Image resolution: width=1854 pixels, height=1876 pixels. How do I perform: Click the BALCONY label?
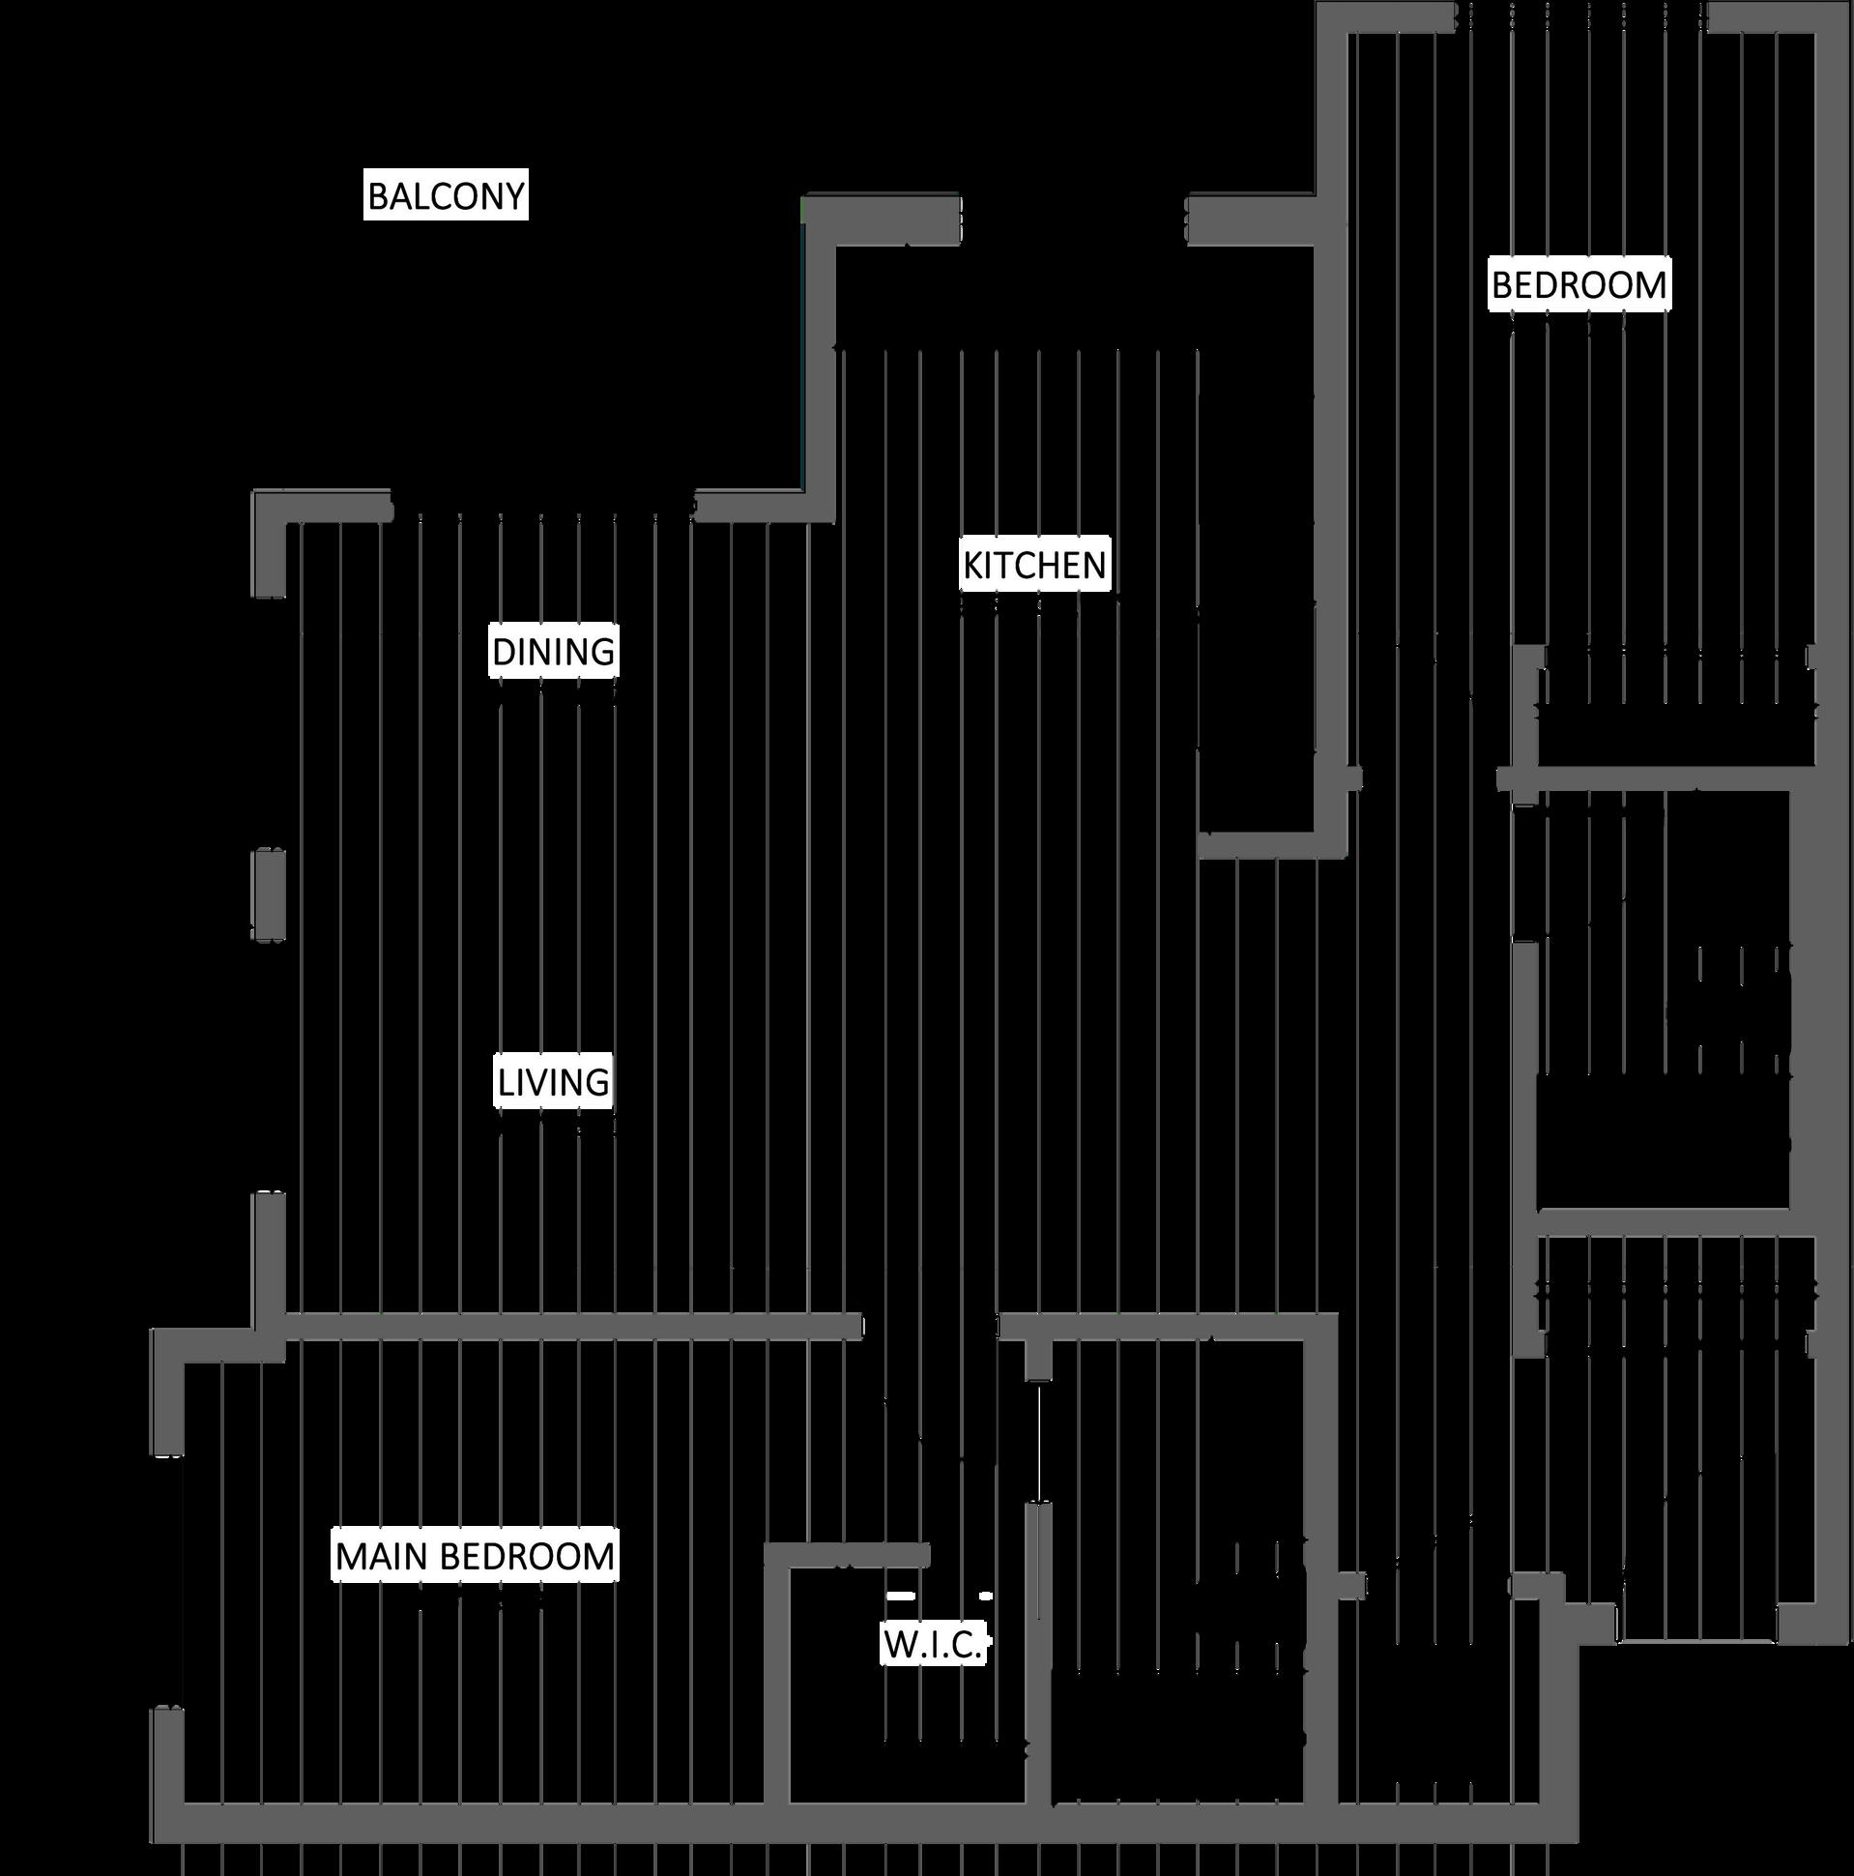pyautogui.click(x=446, y=196)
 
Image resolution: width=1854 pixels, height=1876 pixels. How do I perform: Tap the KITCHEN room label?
pyautogui.click(x=1033, y=565)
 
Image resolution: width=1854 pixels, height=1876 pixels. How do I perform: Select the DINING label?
pyautogui.click(x=553, y=652)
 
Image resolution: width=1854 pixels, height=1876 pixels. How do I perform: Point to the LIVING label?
pyautogui.click(x=553, y=1082)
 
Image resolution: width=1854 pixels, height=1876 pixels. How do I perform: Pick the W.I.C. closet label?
pyautogui.click(x=934, y=1645)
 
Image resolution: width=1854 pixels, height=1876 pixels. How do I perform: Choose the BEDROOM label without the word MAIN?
pyautogui.click(x=1579, y=285)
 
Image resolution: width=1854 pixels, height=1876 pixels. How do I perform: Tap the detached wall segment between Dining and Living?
pyautogui.click(x=269, y=893)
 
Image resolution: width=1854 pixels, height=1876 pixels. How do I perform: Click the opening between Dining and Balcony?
pyautogui.click(x=543, y=506)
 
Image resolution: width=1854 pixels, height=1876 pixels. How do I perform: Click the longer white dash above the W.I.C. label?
pyautogui.click(x=903, y=1596)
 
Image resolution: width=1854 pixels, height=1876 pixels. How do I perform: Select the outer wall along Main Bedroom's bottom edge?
pyautogui.click(x=485, y=1822)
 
